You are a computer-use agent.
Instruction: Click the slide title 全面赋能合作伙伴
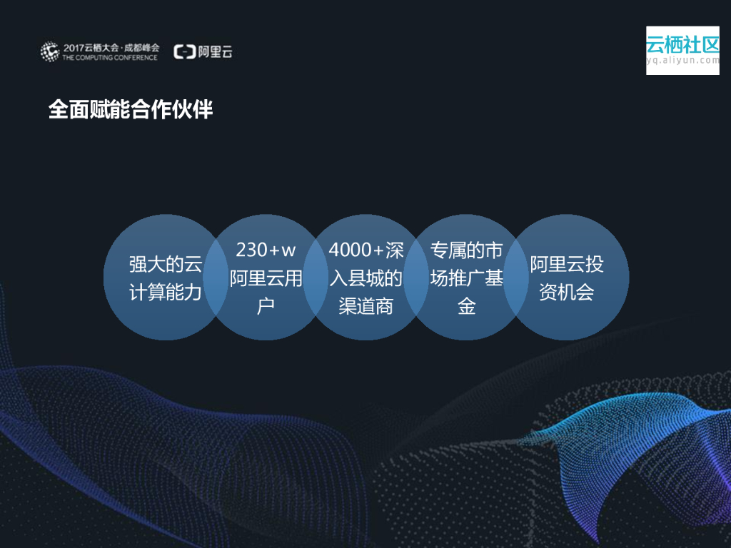[x=131, y=109]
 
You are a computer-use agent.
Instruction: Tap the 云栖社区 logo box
[x=682, y=50]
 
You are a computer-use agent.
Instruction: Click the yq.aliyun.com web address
[x=682, y=61]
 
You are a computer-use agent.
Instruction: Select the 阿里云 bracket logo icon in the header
[x=185, y=51]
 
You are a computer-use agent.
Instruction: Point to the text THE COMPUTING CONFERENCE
[x=110, y=57]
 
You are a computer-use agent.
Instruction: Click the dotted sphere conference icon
[x=49, y=51]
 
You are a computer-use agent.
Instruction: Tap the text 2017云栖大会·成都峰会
[x=111, y=47]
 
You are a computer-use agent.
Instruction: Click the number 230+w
[x=266, y=250]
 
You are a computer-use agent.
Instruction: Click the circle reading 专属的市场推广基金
[x=467, y=278]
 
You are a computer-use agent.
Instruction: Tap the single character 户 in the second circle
[x=266, y=307]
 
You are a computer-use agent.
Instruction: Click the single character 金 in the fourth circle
[x=467, y=307]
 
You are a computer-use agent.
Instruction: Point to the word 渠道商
[x=365, y=307]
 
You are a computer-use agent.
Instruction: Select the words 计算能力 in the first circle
[x=166, y=293]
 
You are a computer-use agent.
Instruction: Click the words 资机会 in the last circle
[x=567, y=293]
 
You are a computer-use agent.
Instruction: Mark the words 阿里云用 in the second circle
[x=266, y=278]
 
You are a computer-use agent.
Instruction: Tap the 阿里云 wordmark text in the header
[x=216, y=51]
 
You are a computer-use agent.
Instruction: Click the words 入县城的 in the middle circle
[x=365, y=278]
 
